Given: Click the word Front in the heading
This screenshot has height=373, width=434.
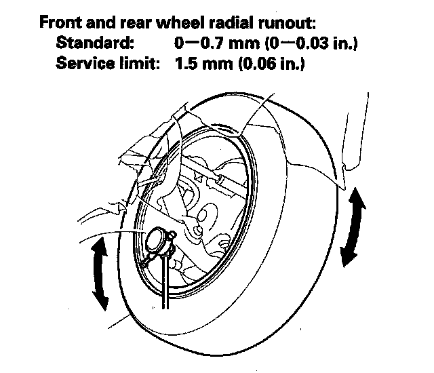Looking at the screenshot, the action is pos(61,22).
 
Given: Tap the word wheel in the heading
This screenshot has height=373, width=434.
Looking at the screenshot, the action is pos(180,22).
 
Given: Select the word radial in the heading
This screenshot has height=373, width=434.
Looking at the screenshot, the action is pos(231,22).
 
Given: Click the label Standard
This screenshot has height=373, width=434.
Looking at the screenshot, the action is pos(95,43).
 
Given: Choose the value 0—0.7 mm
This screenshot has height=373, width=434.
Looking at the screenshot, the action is pos(217,43).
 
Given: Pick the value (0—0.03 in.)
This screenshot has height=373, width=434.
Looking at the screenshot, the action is pos(311,43).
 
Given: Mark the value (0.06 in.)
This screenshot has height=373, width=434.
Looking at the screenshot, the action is pos(271,64).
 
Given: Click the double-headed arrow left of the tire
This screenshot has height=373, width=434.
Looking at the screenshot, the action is pos(100,274).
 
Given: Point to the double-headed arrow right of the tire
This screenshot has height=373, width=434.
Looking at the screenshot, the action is pos(353,227).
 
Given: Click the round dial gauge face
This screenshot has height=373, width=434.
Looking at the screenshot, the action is pos(155,239).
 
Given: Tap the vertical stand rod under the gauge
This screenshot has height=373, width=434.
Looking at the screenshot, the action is pos(165,281).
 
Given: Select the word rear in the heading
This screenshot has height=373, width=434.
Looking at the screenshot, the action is pos(136,23).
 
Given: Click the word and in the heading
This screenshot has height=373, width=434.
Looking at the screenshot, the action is pos(101,22).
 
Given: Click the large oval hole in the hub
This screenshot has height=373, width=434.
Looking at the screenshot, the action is pos(205,212).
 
